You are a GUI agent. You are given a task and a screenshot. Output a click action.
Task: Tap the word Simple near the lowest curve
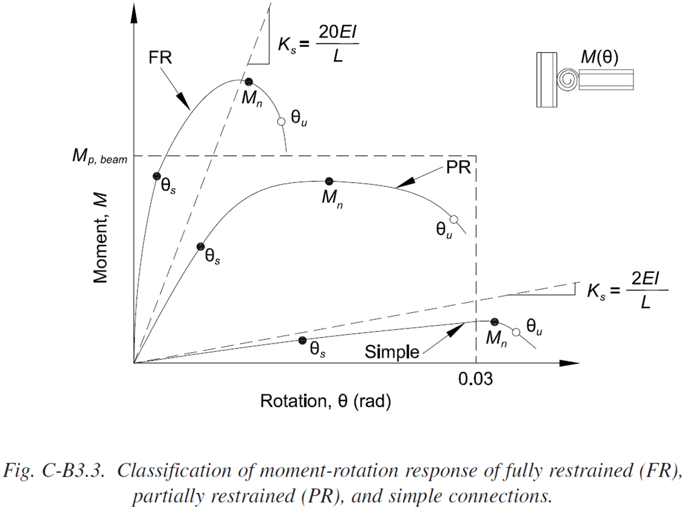pos(392,352)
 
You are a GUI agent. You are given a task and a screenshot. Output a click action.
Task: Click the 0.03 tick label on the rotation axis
pos(476,379)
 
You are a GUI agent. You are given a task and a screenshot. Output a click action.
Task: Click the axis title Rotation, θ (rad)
pos(326,401)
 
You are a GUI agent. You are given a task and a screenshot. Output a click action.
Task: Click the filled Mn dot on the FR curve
pos(248,82)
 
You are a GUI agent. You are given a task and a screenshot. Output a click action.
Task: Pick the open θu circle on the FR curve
pos(281,122)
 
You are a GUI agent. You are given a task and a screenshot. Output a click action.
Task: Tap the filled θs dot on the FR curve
pos(156,176)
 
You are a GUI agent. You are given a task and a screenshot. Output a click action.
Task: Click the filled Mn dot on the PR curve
pos(329,181)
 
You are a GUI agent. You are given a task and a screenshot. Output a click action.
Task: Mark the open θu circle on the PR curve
pos(454,219)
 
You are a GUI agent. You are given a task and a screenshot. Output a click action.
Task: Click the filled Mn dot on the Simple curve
pos(494,322)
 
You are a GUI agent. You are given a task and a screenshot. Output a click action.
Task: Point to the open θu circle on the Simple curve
pos(516,332)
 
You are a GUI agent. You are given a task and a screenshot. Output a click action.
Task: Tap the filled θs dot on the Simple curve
pos(302,340)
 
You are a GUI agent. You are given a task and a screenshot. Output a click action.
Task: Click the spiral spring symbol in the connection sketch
pos(566,80)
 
